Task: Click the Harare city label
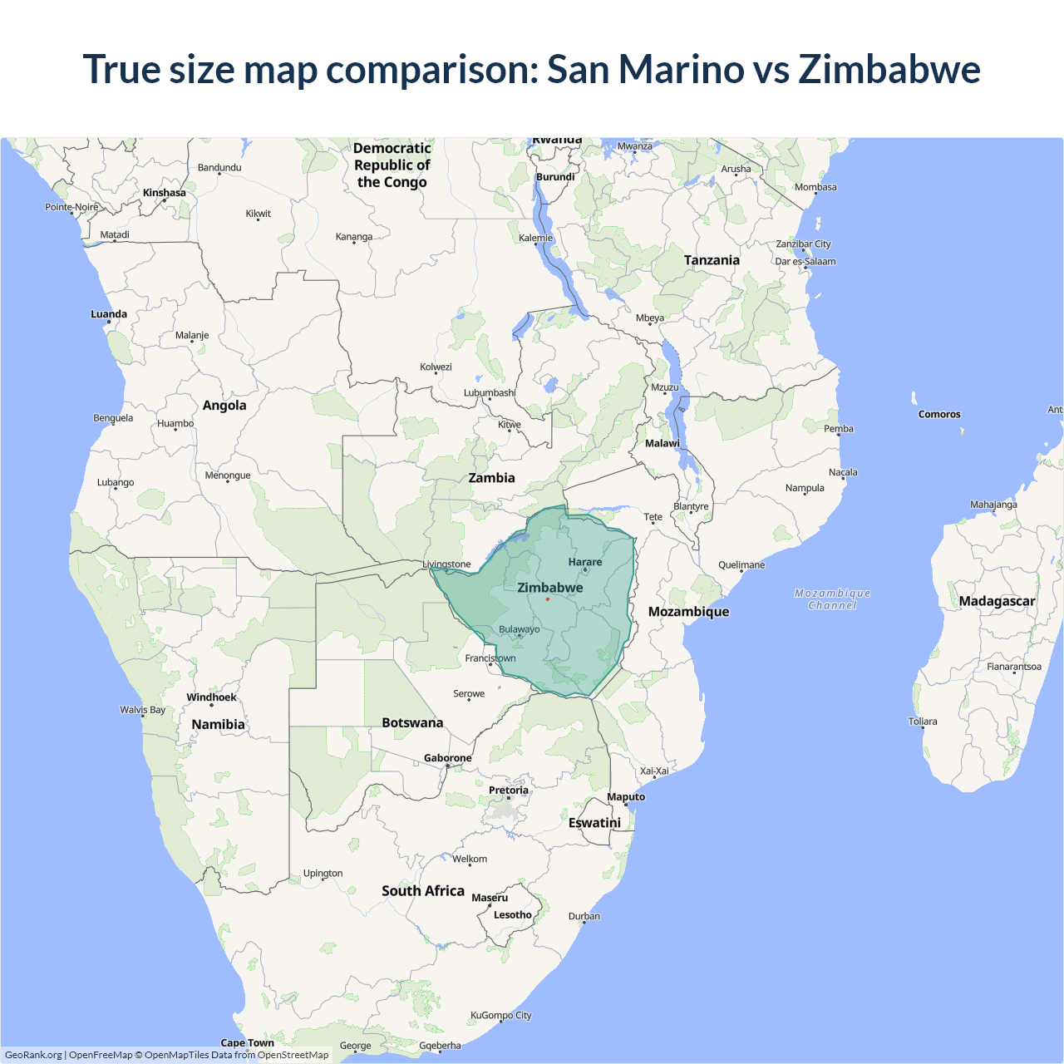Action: coord(585,562)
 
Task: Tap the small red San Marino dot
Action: coord(548,599)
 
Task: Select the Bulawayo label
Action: coord(519,629)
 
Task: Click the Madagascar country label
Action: coord(997,601)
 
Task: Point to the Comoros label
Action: coord(939,414)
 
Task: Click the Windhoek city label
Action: coord(211,697)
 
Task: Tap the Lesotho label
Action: coord(512,914)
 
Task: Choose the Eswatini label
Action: coord(594,822)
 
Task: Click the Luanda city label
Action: coord(109,314)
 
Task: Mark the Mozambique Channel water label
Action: coord(832,598)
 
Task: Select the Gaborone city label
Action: coord(447,758)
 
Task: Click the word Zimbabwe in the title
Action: coord(889,69)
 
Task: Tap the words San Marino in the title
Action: coord(645,69)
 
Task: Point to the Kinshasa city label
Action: coord(165,193)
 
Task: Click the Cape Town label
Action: coord(247,1042)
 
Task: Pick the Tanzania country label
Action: coord(712,260)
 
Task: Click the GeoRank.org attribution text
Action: coord(33,1055)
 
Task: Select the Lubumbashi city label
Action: coord(490,392)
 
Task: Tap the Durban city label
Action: coord(584,916)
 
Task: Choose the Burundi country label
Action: coord(555,177)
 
